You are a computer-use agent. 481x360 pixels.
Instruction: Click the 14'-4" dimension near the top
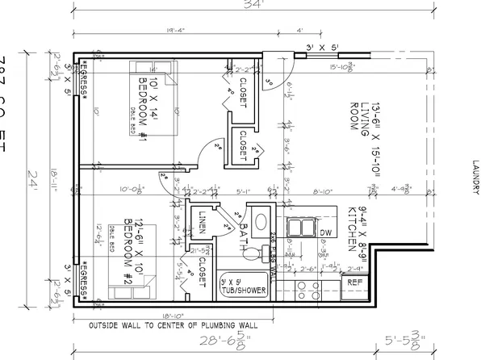[152, 31]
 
